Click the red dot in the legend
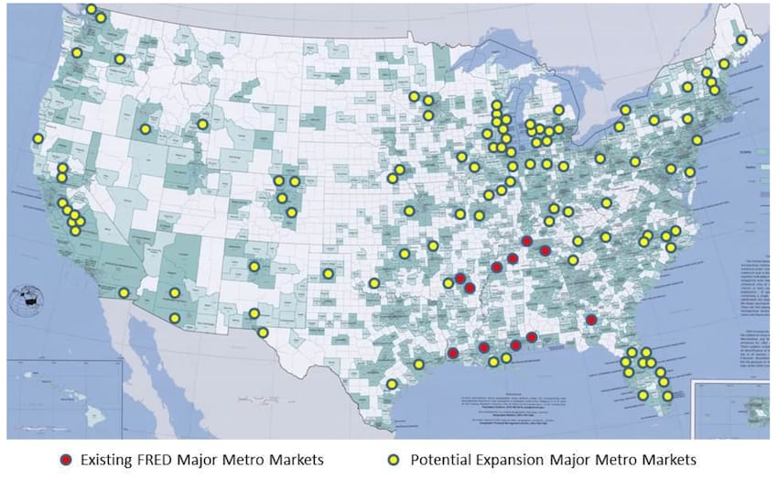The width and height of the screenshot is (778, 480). (64, 457)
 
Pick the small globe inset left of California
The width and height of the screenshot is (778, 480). (27, 298)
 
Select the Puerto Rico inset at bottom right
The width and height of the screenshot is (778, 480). (732, 408)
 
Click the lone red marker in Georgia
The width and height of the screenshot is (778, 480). (591, 320)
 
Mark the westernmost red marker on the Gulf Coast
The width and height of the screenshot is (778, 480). (452, 353)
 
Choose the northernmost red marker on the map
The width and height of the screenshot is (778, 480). (526, 241)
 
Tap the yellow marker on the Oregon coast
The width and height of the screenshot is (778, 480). (38, 139)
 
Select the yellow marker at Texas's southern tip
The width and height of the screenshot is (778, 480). (392, 384)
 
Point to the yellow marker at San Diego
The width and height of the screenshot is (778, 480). (124, 293)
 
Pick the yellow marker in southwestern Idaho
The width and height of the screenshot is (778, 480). (145, 129)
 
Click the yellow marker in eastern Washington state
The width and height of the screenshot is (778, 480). (120, 60)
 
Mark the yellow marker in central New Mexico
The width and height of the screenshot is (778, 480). (254, 267)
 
